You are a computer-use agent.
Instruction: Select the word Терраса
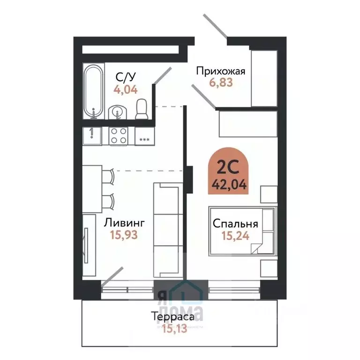[x=173, y=317]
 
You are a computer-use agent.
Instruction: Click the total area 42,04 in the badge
[x=227, y=184]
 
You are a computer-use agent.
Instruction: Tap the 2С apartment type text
[x=227, y=167]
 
